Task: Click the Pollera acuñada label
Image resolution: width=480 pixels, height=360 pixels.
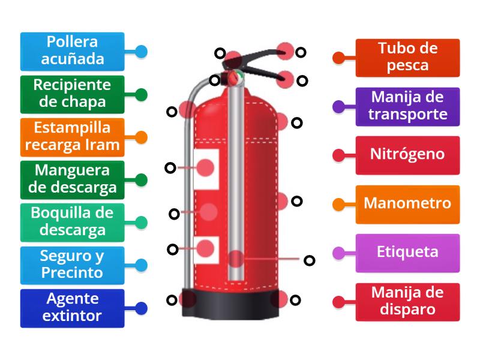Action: click(72, 51)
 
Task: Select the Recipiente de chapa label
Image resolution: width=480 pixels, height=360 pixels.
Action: click(72, 94)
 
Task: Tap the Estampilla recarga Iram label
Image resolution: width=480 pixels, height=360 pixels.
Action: click(72, 136)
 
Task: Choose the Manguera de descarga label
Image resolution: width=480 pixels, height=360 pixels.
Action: click(72, 179)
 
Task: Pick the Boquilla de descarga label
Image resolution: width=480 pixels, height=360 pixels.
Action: click(72, 222)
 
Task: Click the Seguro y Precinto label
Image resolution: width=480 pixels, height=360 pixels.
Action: click(72, 265)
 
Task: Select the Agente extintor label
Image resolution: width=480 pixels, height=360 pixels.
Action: click(72, 308)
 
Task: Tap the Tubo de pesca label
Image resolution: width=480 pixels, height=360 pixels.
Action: click(407, 58)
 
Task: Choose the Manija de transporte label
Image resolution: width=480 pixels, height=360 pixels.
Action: click(407, 106)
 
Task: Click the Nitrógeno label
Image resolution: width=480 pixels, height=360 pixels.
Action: click(407, 154)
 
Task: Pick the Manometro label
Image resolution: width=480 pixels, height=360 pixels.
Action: click(407, 203)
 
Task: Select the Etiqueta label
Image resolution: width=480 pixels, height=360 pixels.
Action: click(407, 252)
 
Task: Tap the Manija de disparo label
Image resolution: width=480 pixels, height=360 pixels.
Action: click(407, 301)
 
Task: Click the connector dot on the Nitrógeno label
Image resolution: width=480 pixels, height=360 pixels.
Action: click(338, 155)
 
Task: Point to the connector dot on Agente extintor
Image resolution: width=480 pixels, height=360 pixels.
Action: click(141, 308)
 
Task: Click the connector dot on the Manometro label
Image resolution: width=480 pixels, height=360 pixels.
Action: click(338, 204)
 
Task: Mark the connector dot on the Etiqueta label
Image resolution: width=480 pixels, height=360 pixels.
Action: click(338, 253)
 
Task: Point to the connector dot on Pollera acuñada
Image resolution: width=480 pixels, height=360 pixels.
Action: click(141, 52)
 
